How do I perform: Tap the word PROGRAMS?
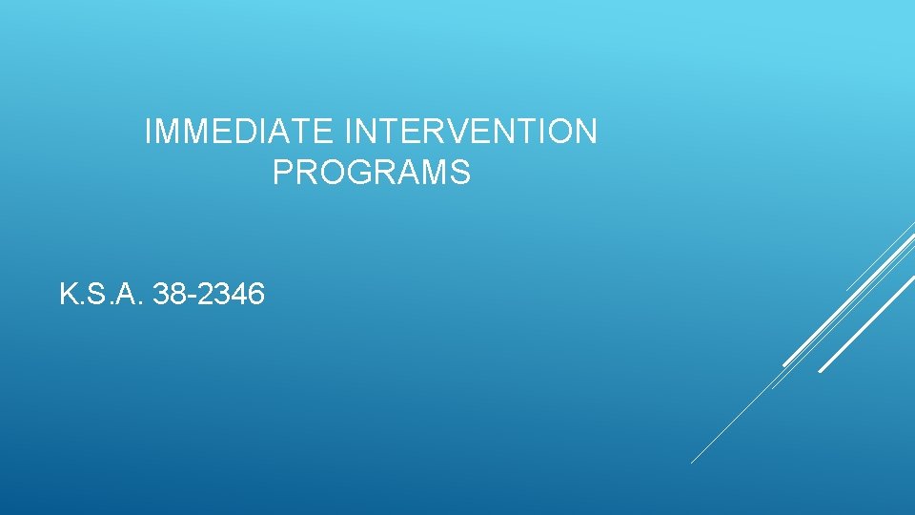371,173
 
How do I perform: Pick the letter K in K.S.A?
68,295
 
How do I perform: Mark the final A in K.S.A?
132,295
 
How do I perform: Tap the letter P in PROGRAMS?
282,173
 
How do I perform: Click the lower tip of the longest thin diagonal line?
691,463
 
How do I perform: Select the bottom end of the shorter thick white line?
783,365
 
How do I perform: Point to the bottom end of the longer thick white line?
820,371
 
